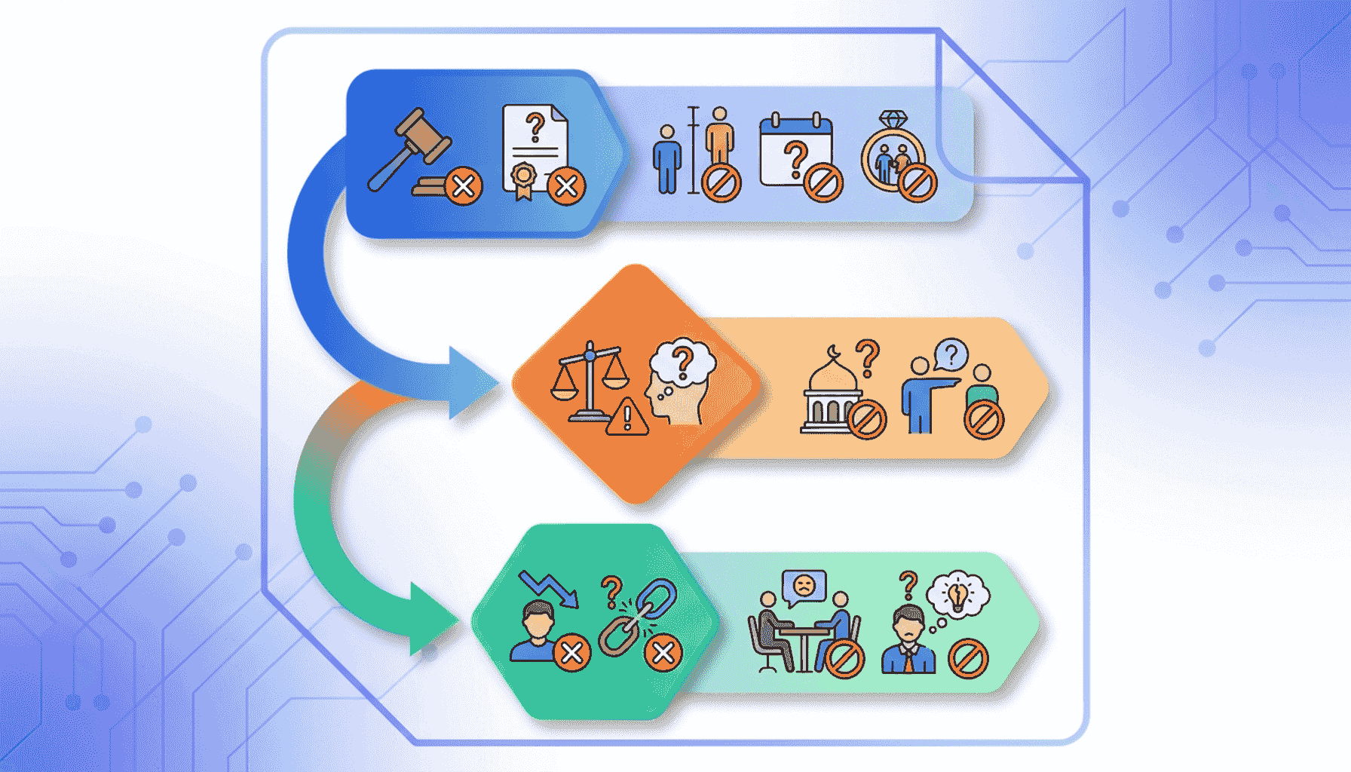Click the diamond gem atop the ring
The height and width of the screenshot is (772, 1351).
[x=894, y=120]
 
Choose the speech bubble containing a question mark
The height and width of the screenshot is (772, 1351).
[x=951, y=354]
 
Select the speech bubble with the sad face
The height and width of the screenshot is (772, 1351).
[x=804, y=586]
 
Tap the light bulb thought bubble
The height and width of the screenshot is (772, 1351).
[x=957, y=596]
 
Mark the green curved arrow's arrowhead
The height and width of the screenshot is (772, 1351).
[x=433, y=620]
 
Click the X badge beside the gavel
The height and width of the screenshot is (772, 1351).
[x=464, y=185]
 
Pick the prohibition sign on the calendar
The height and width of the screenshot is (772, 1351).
[x=823, y=182]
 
